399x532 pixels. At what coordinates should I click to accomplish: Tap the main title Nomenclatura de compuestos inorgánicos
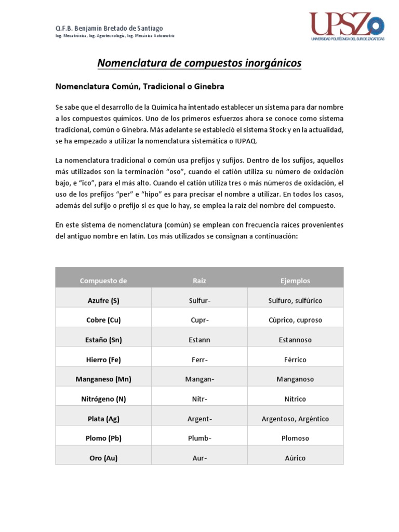click(x=199, y=63)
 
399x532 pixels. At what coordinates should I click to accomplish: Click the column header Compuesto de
click(x=103, y=281)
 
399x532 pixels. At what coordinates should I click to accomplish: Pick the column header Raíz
click(x=199, y=281)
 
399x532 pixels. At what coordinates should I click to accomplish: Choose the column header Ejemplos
click(x=295, y=281)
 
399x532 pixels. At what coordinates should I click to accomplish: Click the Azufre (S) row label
click(x=103, y=300)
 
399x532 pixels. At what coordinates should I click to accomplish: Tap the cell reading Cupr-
click(x=199, y=320)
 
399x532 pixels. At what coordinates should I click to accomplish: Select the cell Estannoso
click(x=295, y=340)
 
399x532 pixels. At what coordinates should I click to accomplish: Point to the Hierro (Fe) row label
click(x=103, y=360)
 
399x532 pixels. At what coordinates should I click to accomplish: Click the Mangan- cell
click(x=199, y=379)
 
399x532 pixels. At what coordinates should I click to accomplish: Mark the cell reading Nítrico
click(x=295, y=399)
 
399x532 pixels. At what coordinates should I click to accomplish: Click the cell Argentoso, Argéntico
click(x=295, y=419)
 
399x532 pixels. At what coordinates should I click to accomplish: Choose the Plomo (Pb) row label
click(x=103, y=438)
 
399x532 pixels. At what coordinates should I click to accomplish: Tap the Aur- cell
click(x=199, y=458)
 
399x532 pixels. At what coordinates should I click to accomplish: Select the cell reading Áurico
click(x=295, y=458)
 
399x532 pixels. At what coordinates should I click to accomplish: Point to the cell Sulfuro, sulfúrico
click(x=295, y=300)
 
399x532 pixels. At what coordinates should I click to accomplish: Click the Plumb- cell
click(x=199, y=438)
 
